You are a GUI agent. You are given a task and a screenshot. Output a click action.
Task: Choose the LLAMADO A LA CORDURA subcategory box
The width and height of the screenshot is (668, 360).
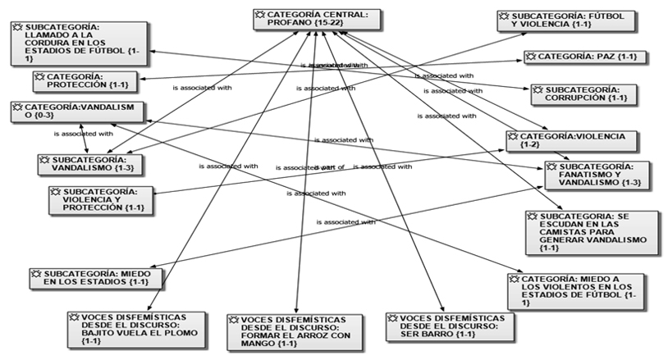coord(80,43)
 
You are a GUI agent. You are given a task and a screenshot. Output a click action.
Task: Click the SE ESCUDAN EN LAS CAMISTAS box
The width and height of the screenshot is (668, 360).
coord(592,232)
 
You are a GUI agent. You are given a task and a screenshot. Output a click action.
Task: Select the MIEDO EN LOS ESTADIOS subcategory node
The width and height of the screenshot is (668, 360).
coord(89,278)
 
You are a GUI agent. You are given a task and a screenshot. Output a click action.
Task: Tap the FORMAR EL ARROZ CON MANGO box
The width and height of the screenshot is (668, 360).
coord(295,331)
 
